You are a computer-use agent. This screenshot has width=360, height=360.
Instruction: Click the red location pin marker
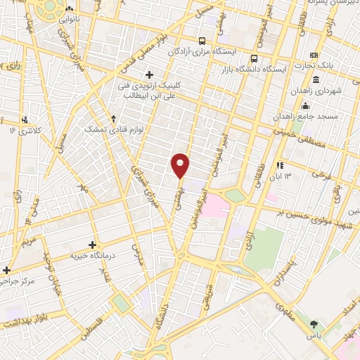(x=181, y=165)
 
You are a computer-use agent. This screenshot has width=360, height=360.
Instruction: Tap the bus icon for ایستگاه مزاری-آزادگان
(x=202, y=40)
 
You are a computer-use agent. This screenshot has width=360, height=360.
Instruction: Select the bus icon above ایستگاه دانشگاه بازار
(x=255, y=58)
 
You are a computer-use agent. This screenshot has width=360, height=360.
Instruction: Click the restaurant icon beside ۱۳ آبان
(x=280, y=165)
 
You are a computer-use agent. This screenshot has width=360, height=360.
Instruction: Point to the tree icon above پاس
(x=313, y=324)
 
